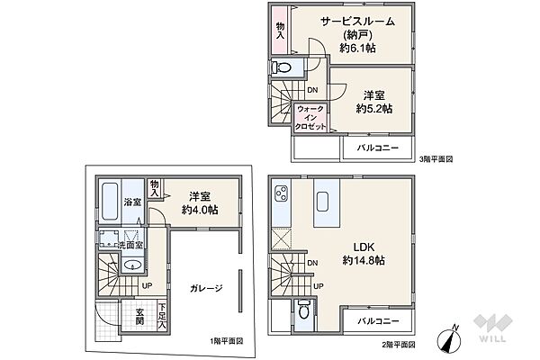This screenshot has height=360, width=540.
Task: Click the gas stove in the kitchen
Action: [x=280, y=197]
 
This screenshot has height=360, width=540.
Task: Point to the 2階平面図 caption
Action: [x=396, y=345]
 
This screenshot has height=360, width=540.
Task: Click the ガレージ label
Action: [x=206, y=289]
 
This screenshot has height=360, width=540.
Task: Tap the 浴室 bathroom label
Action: [x=131, y=202]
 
